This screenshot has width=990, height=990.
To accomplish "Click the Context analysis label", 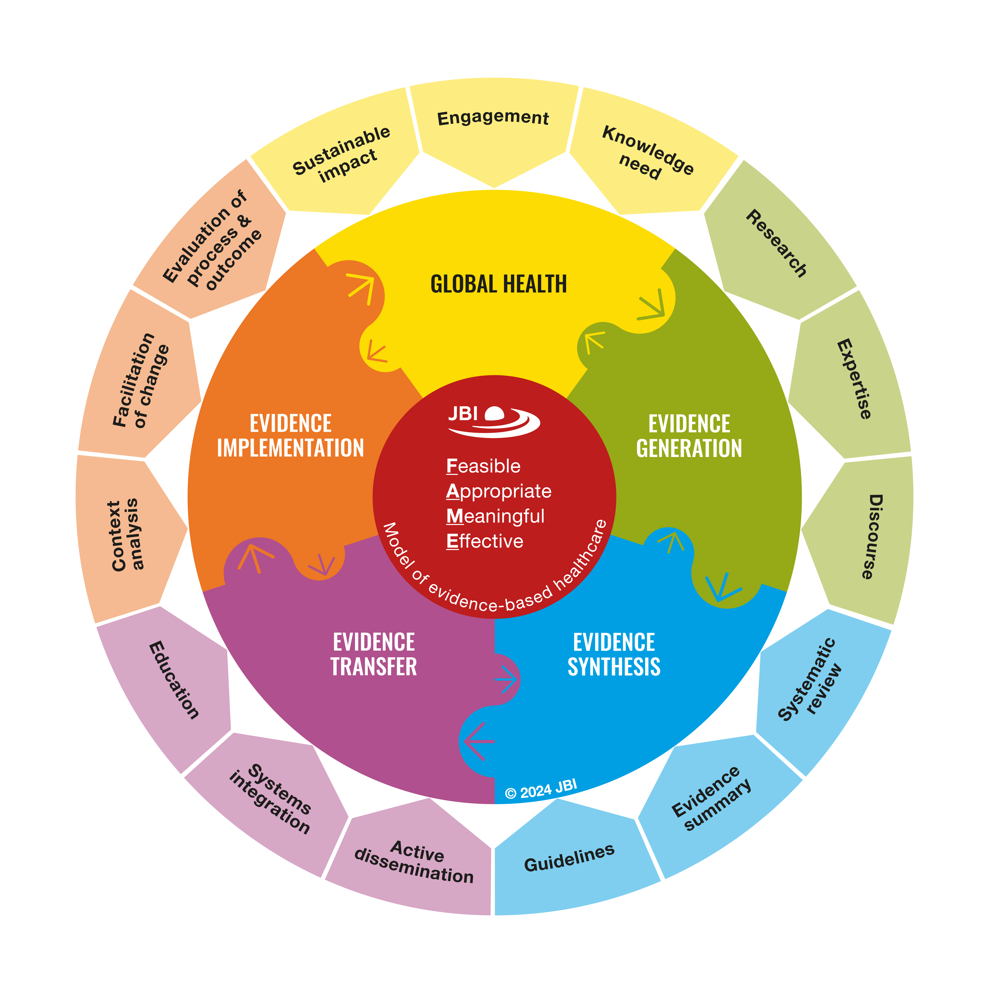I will [125, 534].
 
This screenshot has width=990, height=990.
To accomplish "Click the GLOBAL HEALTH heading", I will [499, 284].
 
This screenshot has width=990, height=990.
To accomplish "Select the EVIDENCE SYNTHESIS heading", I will [614, 654].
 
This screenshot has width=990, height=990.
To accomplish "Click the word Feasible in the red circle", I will [483, 466].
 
